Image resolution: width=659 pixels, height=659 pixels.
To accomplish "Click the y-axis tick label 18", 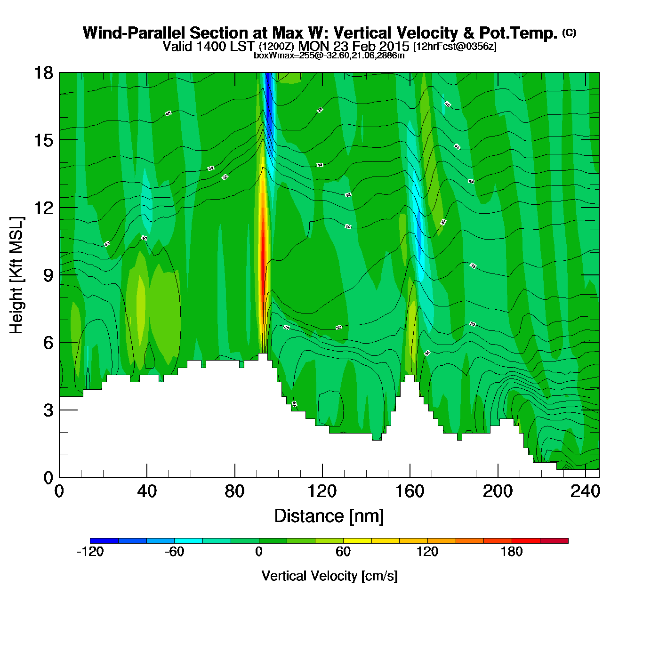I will (43, 73).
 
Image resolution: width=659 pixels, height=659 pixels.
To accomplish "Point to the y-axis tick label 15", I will (43, 140).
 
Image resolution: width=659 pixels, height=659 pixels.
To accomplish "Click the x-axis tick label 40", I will (146, 491).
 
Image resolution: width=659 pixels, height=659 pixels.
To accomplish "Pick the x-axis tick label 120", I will (322, 491).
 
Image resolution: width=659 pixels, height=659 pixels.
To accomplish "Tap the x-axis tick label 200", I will (498, 491).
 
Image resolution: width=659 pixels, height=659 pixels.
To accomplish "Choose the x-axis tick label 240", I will (585, 491).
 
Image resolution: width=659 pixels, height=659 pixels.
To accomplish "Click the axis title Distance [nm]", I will (329, 516).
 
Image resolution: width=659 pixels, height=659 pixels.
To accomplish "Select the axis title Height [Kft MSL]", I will (16, 275).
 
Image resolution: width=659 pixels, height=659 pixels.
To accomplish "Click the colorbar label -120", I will (90, 552).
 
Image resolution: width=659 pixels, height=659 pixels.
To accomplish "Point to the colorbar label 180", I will (512, 552).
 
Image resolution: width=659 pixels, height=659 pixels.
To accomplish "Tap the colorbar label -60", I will (174, 552).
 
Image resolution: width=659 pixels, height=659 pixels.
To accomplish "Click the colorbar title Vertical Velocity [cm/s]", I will (329, 576).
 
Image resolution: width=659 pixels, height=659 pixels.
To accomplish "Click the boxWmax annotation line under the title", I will (329, 56).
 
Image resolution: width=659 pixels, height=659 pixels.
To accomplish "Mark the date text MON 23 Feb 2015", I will (354, 47).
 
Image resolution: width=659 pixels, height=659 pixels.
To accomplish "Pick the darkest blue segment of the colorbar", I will (104, 540).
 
